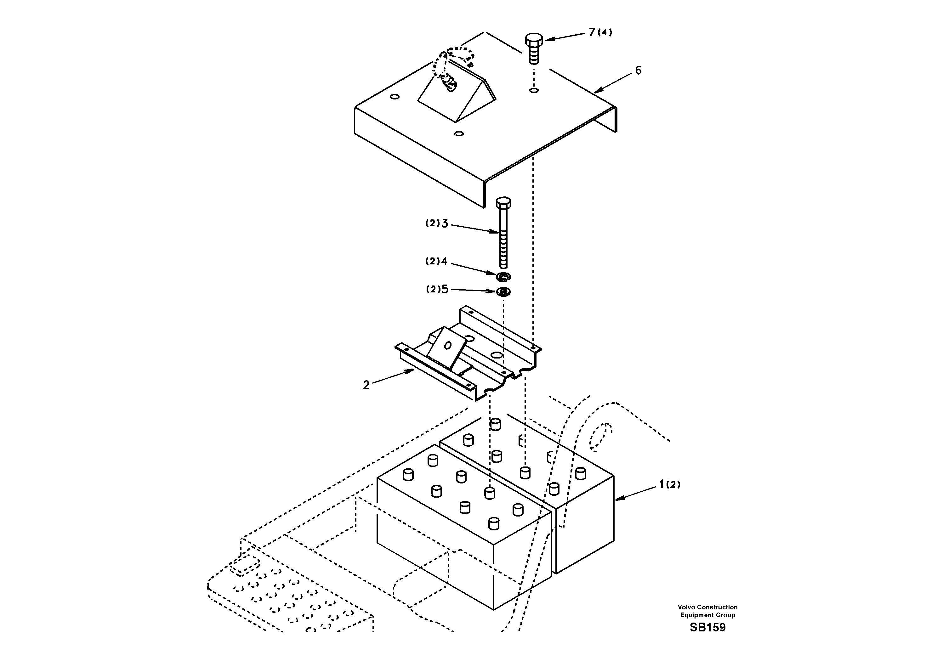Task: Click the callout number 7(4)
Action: (600, 32)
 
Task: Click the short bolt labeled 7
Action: (533, 48)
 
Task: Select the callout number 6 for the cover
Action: (638, 70)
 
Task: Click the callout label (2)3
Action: (437, 223)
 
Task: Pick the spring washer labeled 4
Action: (503, 277)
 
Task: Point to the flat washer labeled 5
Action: (503, 292)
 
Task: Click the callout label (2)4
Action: (437, 261)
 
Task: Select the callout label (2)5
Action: (437, 289)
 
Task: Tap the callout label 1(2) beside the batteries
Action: (670, 484)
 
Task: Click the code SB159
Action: (708, 627)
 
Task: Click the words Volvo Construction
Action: (708, 607)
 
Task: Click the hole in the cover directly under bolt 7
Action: (534, 90)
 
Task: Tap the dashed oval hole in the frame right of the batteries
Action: (601, 437)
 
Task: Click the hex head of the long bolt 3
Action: (503, 202)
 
